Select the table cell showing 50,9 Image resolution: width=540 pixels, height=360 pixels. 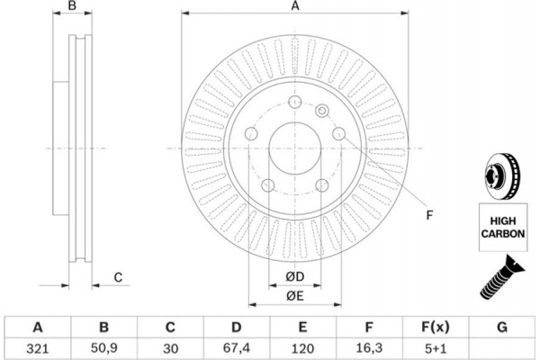(x=103, y=346)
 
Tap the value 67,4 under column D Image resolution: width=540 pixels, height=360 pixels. (x=237, y=346)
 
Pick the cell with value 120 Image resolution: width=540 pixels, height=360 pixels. (x=303, y=346)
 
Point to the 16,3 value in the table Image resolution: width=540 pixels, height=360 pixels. (x=369, y=346)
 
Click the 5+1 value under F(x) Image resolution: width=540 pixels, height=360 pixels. (x=436, y=346)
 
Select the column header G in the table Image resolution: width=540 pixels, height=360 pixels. (x=502, y=326)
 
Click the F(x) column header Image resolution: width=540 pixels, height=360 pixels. (x=436, y=326)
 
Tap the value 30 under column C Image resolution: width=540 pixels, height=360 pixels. (x=170, y=346)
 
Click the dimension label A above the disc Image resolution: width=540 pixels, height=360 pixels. (x=293, y=7)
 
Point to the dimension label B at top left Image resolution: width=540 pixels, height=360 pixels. (x=75, y=7)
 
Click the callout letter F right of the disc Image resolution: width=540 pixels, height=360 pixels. (x=430, y=214)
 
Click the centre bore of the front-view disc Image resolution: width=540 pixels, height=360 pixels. (x=293, y=148)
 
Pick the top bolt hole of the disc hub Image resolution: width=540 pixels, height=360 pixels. (x=293, y=102)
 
